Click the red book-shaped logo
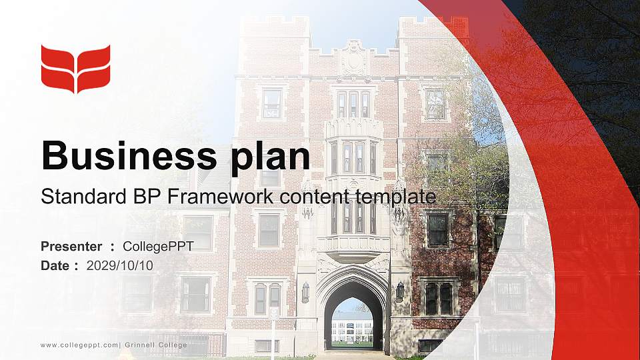75,69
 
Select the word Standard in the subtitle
74,197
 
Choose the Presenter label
71,247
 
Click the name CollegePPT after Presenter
158,247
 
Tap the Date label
55,265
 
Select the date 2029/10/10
120,265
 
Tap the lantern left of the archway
305,291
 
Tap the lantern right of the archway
400,291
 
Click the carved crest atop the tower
354,59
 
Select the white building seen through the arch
352,329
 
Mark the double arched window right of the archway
439,298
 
